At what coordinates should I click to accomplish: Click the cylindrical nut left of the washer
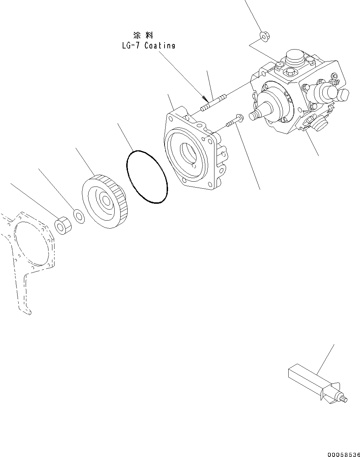(62, 225)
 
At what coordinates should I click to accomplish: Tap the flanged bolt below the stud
(234, 121)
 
